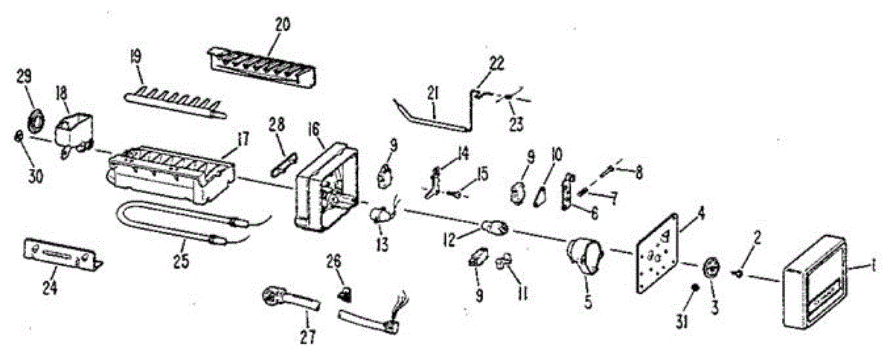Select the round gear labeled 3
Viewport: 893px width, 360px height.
(712, 267)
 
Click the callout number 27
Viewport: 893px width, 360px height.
(307, 337)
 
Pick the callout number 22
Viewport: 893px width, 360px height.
(496, 63)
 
